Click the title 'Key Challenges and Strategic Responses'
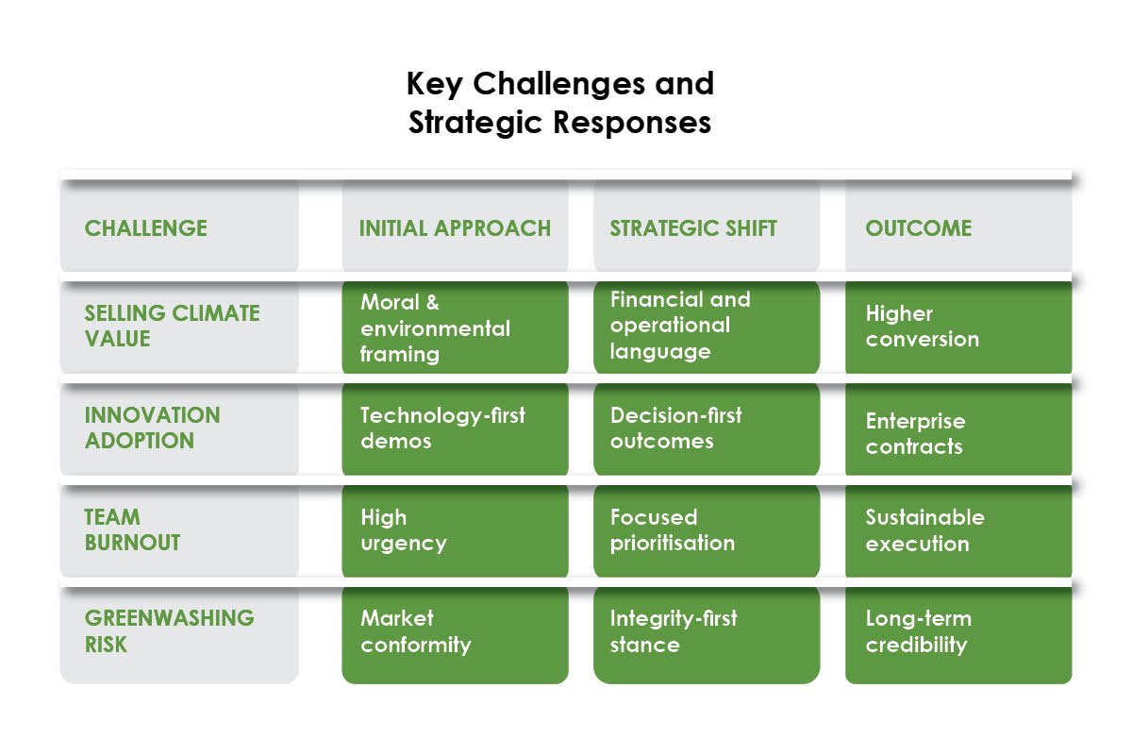click(560, 103)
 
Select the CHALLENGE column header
click(146, 228)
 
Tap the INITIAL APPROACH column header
click(455, 228)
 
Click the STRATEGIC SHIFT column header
click(693, 228)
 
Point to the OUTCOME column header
click(918, 228)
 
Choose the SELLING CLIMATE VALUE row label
click(172, 326)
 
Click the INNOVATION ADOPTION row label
click(153, 428)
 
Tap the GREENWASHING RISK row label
click(170, 631)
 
